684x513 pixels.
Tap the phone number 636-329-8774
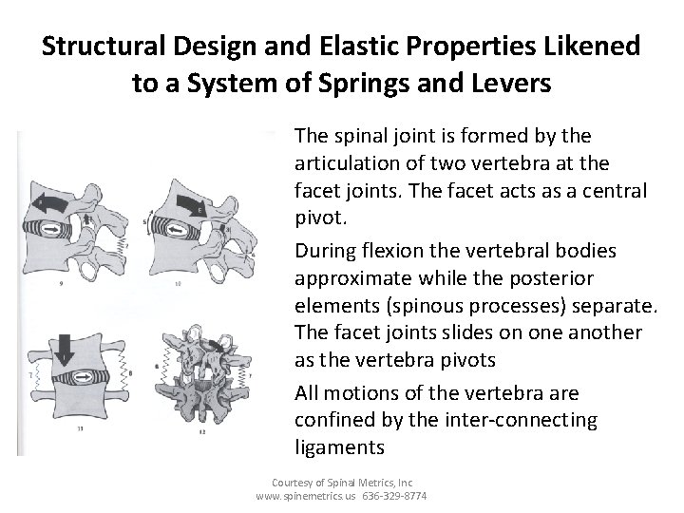point(394,496)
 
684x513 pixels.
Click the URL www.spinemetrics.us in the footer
point(305,496)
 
